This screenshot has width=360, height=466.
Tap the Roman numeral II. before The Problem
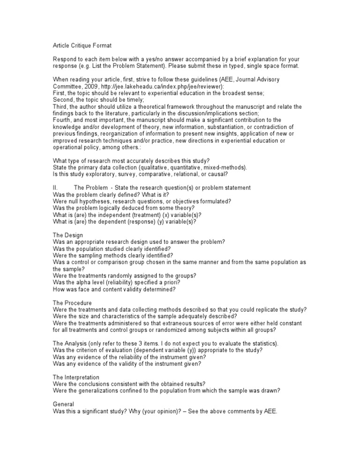click(55, 188)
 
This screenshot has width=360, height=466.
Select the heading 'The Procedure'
click(73, 303)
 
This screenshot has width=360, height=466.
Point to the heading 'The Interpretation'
click(76, 377)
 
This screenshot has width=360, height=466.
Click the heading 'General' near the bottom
click(63, 404)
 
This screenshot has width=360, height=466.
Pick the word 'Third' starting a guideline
click(60, 106)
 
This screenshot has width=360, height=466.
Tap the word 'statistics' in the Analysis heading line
click(263, 343)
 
